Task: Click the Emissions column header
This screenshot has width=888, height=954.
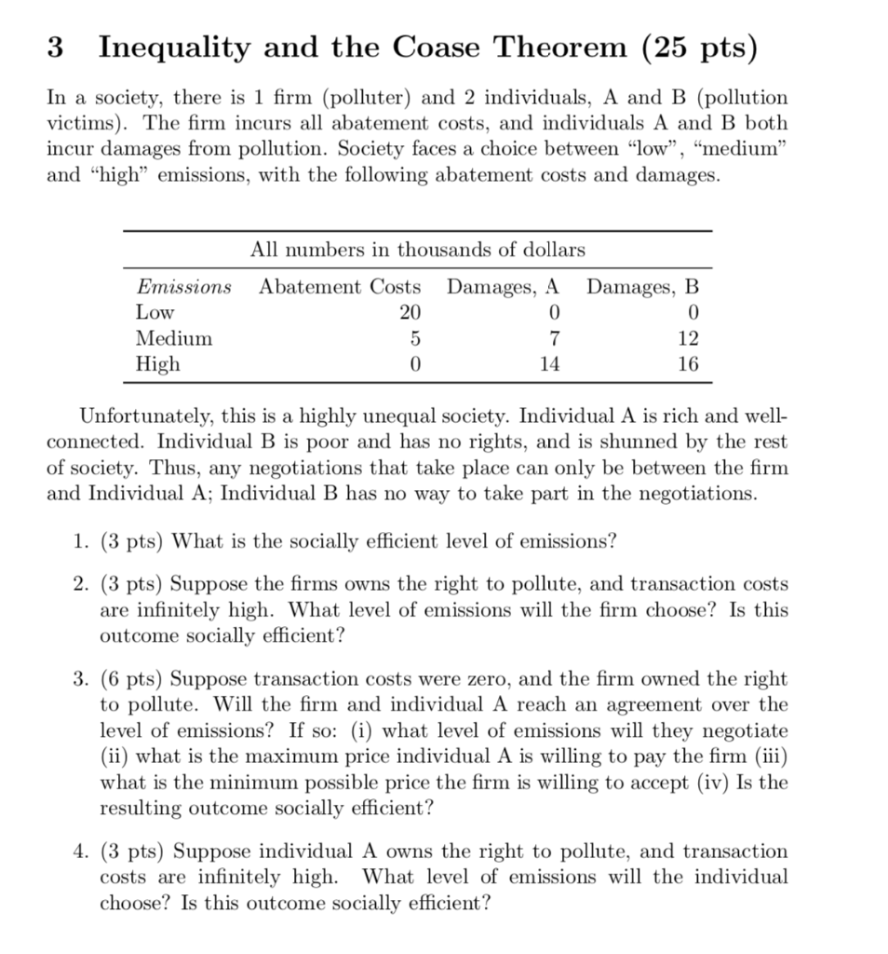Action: pyautogui.click(x=183, y=287)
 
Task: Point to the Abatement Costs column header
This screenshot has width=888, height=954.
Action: pyautogui.click(x=339, y=287)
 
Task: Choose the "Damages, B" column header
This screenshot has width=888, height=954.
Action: pyautogui.click(x=642, y=287)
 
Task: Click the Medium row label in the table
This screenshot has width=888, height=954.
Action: pyautogui.click(x=174, y=338)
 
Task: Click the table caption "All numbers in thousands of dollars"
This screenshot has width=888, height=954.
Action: pyautogui.click(x=418, y=250)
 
